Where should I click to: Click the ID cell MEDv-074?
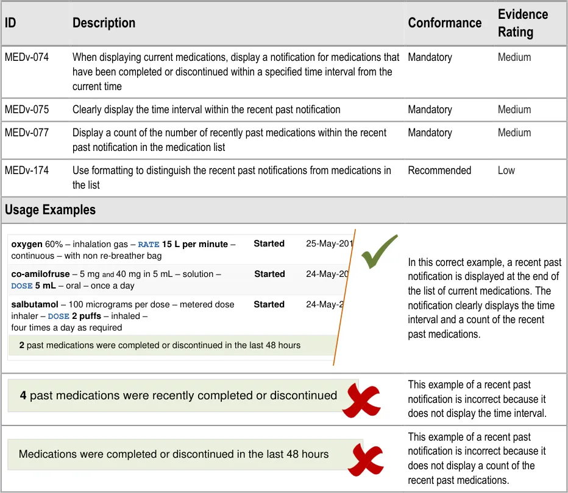pyautogui.click(x=27, y=57)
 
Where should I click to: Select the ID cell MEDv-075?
pyautogui.click(x=27, y=110)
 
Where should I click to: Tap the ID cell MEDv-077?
pyautogui.click(x=27, y=133)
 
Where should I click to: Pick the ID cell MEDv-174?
pyautogui.click(x=27, y=170)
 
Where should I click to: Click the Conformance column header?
pyautogui.click(x=444, y=23)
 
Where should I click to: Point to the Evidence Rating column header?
pyautogui.click(x=522, y=23)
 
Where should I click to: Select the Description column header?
pyautogui.click(x=104, y=23)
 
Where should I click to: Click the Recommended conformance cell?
pyautogui.click(x=439, y=170)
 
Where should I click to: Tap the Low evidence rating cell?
pyautogui.click(x=506, y=170)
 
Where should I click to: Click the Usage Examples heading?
pyautogui.click(x=50, y=210)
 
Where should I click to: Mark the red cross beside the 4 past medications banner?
pyautogui.click(x=361, y=400)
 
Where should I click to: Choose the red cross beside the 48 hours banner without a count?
pyautogui.click(x=365, y=460)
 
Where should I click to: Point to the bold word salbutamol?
pyautogui.click(x=34, y=304)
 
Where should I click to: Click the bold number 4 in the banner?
pyautogui.click(x=23, y=396)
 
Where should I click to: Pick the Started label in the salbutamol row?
pyautogui.click(x=269, y=304)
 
